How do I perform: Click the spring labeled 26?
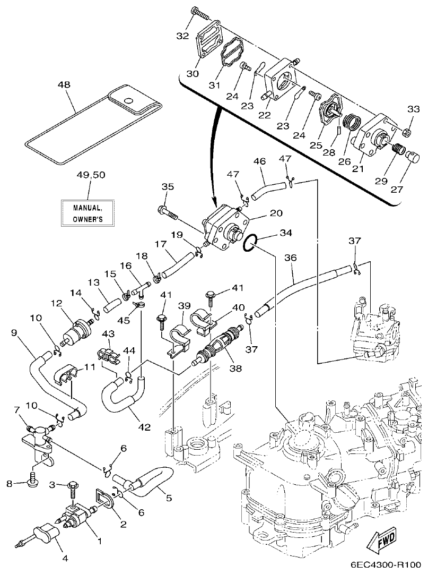click(351, 124)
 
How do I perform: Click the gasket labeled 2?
click(104, 499)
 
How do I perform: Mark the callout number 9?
click(15, 333)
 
